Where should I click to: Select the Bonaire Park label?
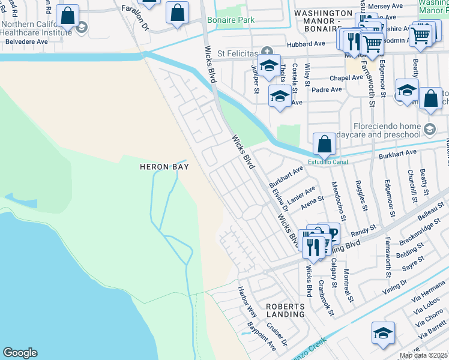coord(231,20)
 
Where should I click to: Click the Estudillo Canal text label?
coord(328,161)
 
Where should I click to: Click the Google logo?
coord(20,353)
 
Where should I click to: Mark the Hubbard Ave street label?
coord(310,44)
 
